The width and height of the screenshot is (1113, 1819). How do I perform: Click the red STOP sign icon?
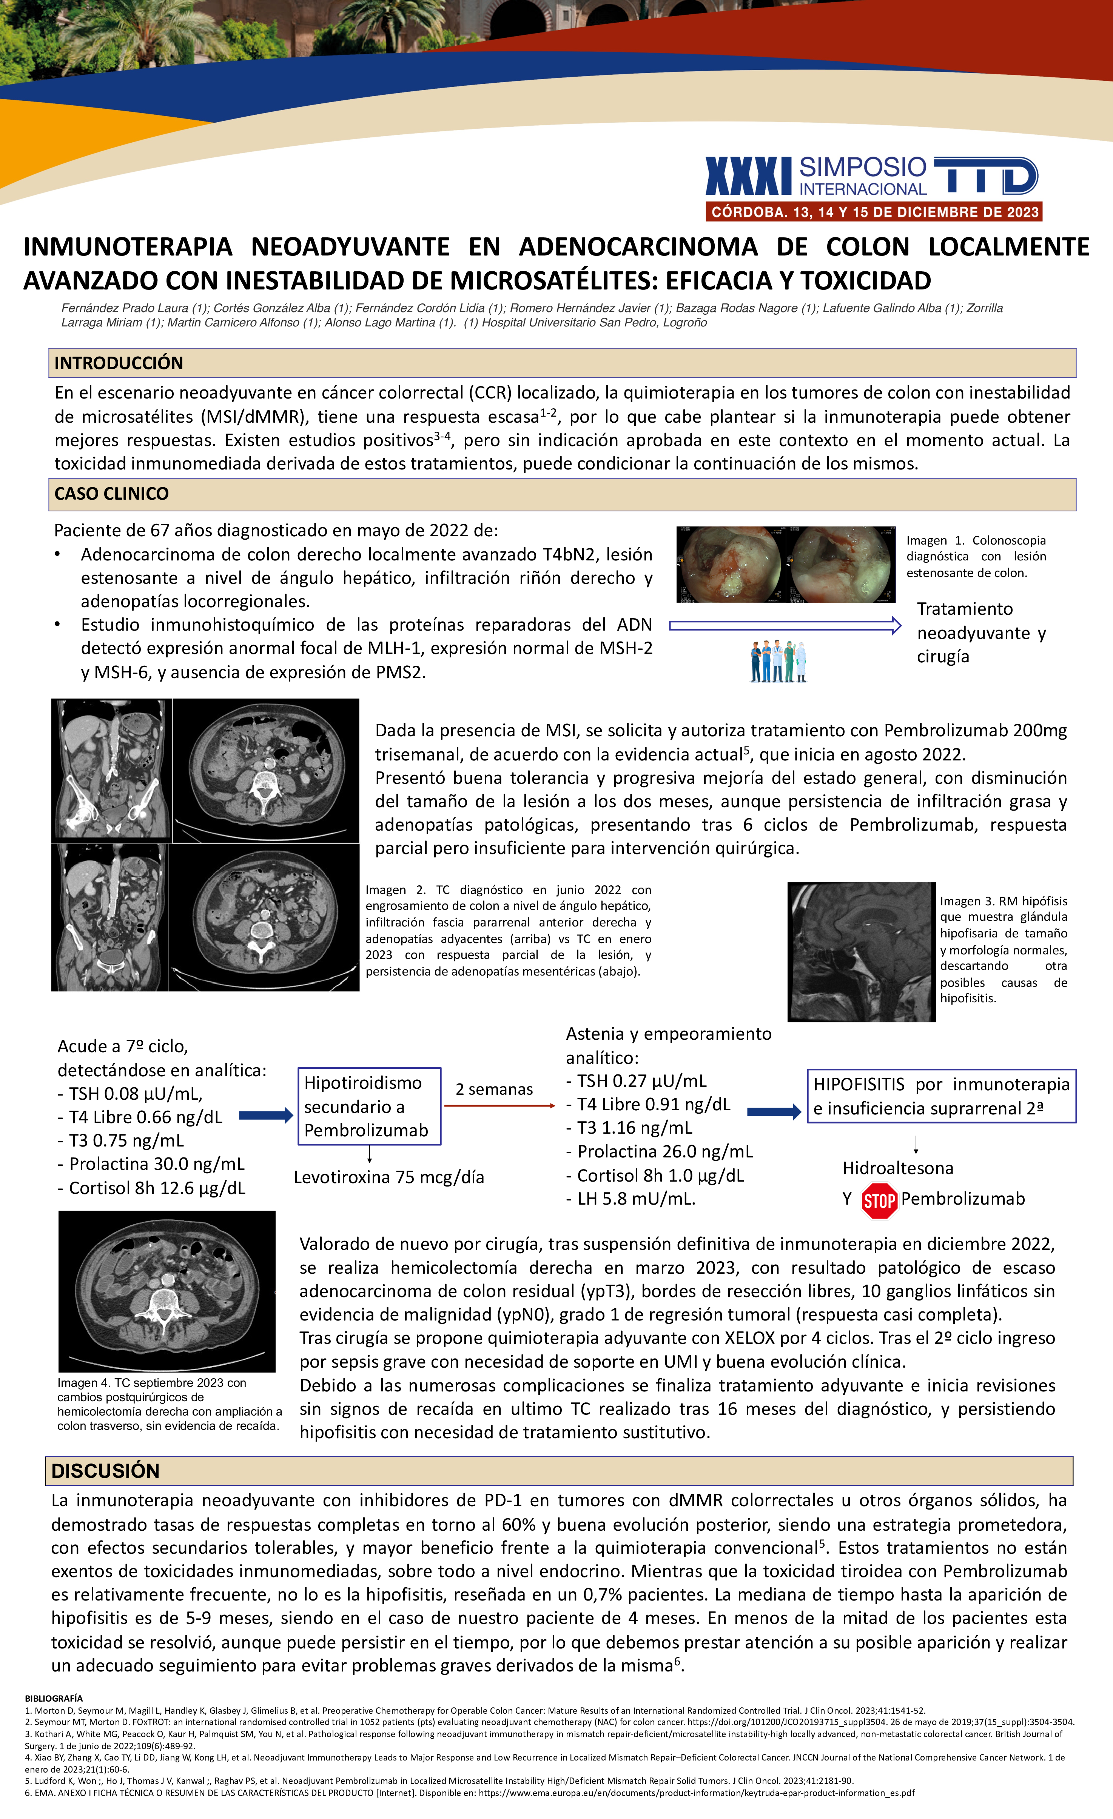pyautogui.click(x=879, y=1201)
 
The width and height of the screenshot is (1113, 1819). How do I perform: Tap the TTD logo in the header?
pyautogui.click(x=986, y=177)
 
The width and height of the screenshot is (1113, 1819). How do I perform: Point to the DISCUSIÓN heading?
pyautogui.click(x=106, y=1471)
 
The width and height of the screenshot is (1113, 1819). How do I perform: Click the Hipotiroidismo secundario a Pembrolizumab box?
pyautogui.click(x=369, y=1106)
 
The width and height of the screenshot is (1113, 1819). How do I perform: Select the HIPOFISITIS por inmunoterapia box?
pyautogui.click(x=941, y=1096)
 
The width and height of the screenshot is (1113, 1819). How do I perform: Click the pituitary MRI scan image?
pyautogui.click(x=861, y=952)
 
